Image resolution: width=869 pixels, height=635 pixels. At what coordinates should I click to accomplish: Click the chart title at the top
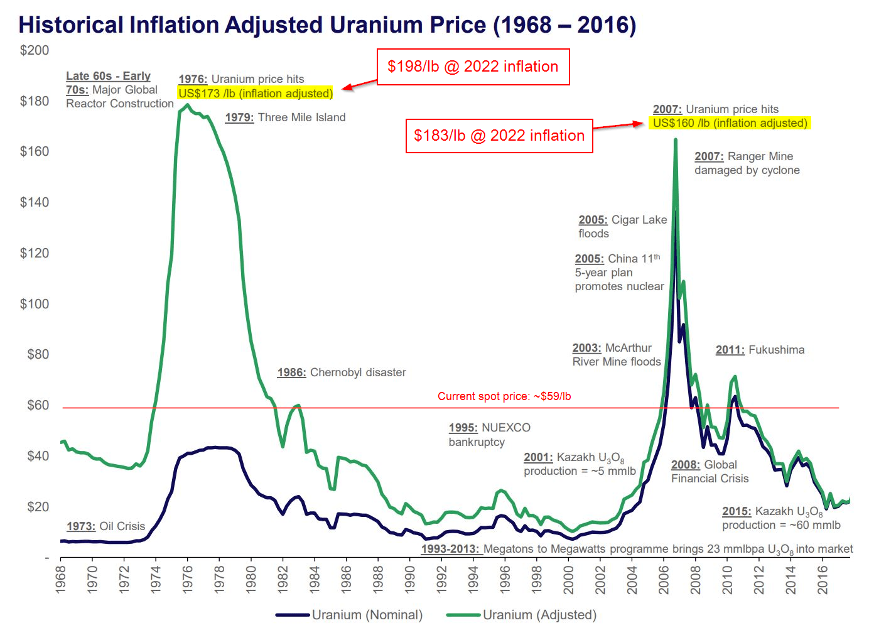pos(327,25)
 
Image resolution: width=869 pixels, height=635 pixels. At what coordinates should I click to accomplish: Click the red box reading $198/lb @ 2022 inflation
pos(473,67)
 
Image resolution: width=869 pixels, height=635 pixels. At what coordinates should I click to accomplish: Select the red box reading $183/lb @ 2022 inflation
pos(499,136)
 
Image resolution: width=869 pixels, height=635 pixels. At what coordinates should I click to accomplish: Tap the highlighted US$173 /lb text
pos(255,94)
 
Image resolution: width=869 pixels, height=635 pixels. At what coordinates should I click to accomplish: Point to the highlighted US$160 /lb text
pos(730,123)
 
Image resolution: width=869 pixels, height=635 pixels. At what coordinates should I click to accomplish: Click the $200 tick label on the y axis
pos(35,50)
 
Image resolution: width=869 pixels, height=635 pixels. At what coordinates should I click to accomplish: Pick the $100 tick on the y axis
pos(35,304)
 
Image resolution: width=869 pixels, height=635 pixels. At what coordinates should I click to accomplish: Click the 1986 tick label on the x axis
pos(346,579)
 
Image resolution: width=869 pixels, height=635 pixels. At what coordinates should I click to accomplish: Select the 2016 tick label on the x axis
pos(823,579)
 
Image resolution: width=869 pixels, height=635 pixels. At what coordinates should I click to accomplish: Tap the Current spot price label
pos(504,396)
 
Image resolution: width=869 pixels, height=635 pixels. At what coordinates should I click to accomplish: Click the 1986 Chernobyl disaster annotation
pos(342,372)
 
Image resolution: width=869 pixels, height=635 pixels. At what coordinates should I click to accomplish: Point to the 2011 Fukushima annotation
pos(760,350)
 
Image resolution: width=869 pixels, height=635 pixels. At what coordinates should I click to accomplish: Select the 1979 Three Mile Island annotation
pos(285,117)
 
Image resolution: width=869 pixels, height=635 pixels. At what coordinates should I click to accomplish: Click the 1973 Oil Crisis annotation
pos(105,526)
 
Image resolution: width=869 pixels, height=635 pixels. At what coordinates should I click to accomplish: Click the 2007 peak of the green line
pos(676,141)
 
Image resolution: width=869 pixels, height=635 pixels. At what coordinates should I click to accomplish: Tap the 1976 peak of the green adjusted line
pos(187,106)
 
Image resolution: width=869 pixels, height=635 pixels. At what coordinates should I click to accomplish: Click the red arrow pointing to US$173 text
pos(359,85)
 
